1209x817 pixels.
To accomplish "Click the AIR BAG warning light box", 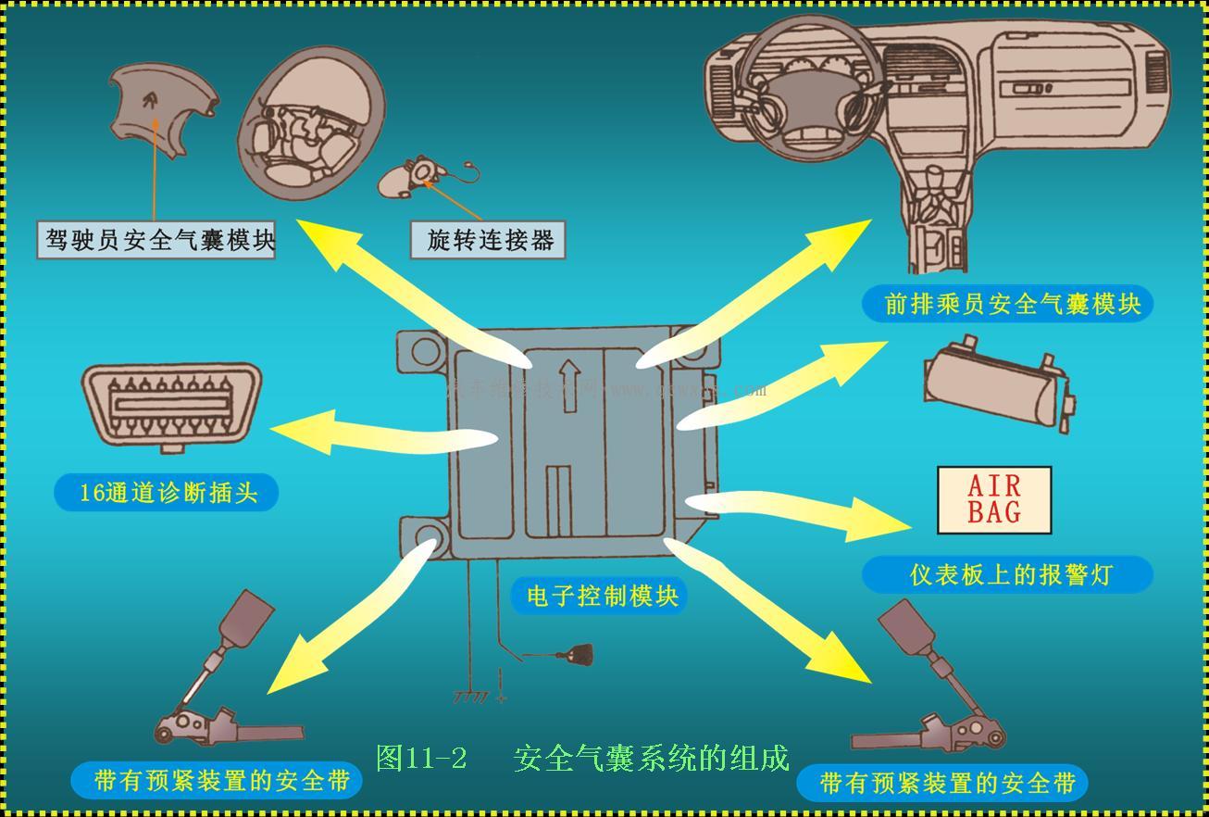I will pos(994,500).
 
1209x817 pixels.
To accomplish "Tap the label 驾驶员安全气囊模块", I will pos(156,241).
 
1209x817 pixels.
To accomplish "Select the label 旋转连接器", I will pos(488,241).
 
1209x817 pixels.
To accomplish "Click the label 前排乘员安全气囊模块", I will pos(1007,304).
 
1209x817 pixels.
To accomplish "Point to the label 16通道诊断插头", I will pos(167,493).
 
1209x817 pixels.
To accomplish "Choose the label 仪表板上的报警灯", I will pos(1007,575).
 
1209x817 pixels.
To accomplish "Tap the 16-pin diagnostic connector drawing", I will pos(172,405).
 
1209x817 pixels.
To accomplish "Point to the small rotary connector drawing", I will pos(417,177).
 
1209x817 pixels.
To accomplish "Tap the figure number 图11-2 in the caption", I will pos(422,758).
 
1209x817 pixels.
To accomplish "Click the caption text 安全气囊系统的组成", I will pos(651,758).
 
